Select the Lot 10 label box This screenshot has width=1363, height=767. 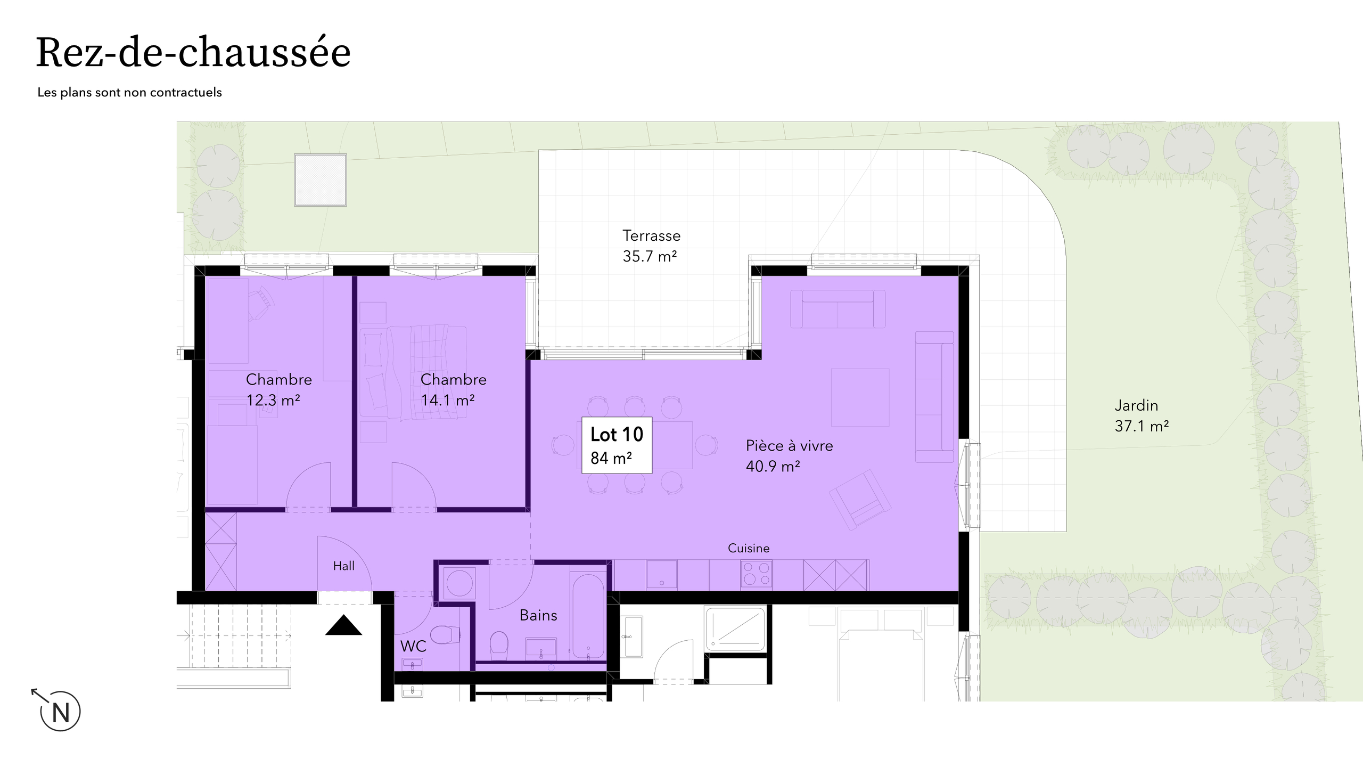[x=617, y=445]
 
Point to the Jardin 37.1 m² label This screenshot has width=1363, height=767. [x=1141, y=415]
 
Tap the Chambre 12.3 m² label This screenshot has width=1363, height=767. [x=278, y=389]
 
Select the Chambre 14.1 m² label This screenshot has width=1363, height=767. [x=453, y=389]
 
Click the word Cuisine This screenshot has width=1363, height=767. [x=749, y=548]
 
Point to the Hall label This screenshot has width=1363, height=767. [x=343, y=566]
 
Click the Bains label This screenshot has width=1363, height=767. [x=538, y=615]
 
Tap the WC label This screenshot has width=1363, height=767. [x=413, y=646]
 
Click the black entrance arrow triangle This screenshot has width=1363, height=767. [x=343, y=626]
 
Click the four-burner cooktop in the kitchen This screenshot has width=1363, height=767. [x=756, y=575]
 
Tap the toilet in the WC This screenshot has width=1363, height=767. [x=444, y=634]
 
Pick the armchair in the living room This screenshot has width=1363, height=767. [x=860, y=499]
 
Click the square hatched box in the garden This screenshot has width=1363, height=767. [x=321, y=180]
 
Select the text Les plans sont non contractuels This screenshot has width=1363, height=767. [x=129, y=92]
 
